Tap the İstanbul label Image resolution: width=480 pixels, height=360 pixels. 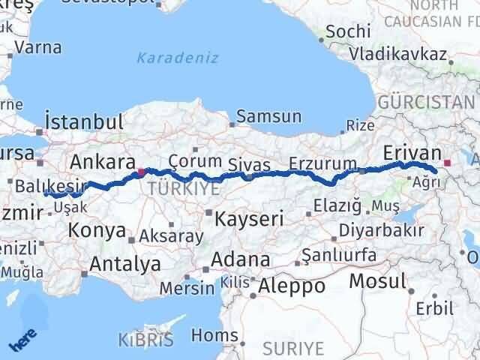tap(83, 121)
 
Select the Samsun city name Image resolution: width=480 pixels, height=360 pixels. tap(269, 117)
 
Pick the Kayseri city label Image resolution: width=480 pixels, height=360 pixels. tap(249, 219)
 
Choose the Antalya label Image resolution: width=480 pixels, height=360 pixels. tap(124, 264)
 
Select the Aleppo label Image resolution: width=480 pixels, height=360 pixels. tap(292, 286)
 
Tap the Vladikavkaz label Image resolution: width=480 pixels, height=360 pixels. tap(400, 55)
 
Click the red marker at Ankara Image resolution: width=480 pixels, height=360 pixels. tap(141, 171)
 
